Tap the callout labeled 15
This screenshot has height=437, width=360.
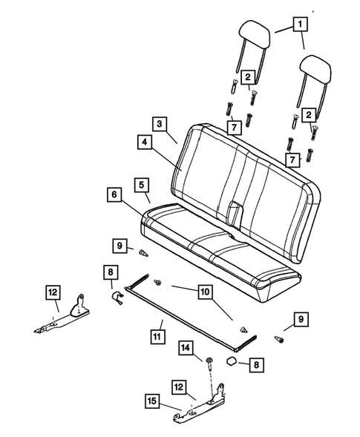click(152, 401)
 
